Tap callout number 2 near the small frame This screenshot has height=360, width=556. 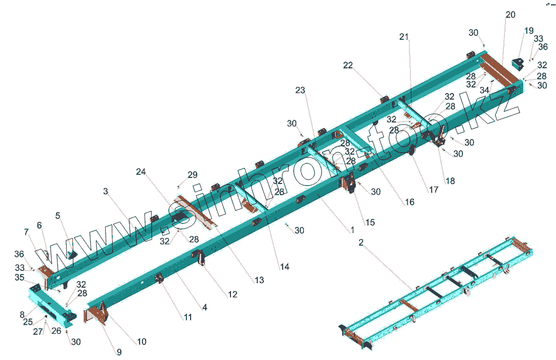(x=361, y=243)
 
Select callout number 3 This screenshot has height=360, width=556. (x=105, y=192)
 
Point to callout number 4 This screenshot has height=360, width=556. (x=205, y=307)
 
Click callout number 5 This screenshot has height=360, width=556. (x=58, y=216)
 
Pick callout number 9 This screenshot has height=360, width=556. (x=119, y=352)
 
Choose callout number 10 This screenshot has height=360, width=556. (x=142, y=342)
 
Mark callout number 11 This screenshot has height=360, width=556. (x=188, y=318)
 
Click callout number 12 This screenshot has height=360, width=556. (x=232, y=294)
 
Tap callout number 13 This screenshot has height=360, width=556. (x=259, y=280)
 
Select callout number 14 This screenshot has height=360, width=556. (x=285, y=266)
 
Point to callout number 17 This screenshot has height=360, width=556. (x=434, y=190)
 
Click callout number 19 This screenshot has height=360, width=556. (x=529, y=31)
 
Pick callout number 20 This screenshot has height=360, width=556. (x=511, y=15)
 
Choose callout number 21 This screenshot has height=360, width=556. (x=404, y=37)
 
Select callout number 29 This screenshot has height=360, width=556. (x=193, y=175)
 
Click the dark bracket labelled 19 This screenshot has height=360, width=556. (x=517, y=64)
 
